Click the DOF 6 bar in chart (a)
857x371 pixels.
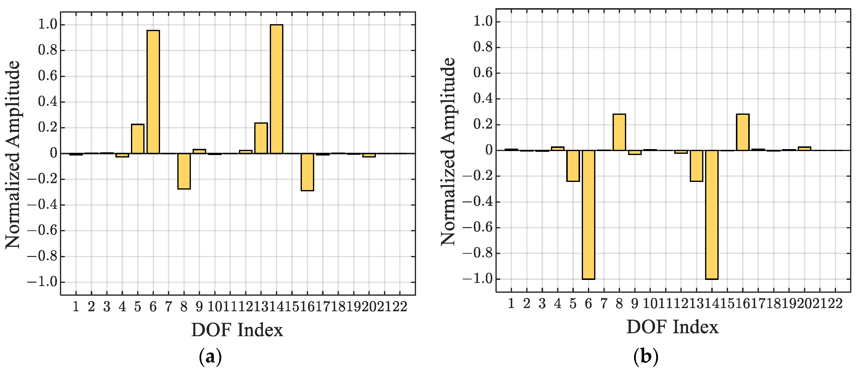153,92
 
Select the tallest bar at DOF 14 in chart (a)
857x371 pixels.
276,89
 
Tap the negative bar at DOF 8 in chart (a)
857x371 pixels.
184,171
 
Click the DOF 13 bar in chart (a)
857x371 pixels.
261,138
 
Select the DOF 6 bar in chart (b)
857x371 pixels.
588,215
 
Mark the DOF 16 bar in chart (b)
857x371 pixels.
743,132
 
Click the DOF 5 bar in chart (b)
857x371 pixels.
573,166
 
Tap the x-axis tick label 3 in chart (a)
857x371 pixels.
107,306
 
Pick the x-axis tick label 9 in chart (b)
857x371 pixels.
635,303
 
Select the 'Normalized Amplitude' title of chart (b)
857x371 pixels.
448,152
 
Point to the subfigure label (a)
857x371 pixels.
210,357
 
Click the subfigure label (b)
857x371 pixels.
646,357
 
